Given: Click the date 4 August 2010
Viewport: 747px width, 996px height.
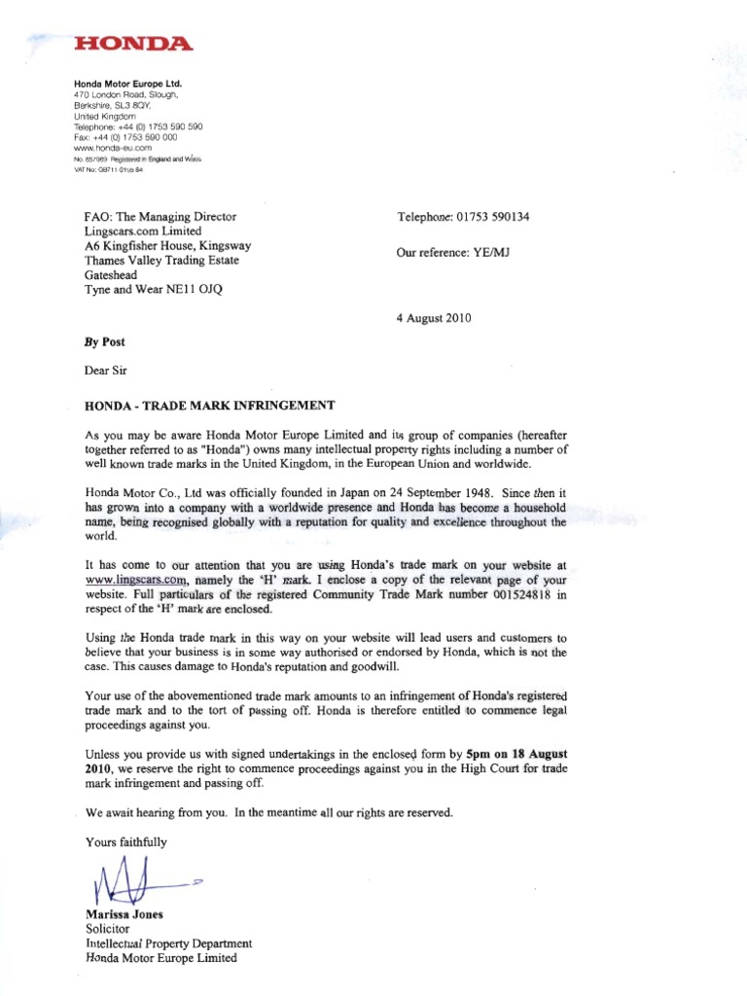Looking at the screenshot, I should [434, 318].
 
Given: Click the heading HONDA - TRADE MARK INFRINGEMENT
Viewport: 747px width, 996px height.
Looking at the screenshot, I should [211, 405].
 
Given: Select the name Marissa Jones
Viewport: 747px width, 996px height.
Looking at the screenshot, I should [124, 914].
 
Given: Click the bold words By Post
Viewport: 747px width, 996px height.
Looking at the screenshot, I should [105, 342].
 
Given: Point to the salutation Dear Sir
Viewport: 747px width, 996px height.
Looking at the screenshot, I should [105, 371].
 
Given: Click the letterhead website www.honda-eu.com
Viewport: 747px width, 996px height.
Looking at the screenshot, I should [109, 147].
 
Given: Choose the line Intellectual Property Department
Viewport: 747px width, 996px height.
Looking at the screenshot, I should [169, 943].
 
